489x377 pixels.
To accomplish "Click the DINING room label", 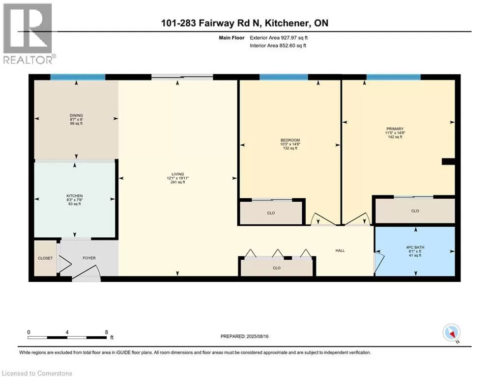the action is [x=76, y=115].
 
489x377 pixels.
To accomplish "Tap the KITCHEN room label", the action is [x=75, y=196].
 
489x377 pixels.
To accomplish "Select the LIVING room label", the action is [x=178, y=174].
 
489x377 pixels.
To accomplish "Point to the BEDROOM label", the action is [x=290, y=140].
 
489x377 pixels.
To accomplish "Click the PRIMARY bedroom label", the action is [x=395, y=129].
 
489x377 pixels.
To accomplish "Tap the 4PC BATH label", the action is [x=415, y=247].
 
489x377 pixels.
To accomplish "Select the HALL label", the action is [x=340, y=250].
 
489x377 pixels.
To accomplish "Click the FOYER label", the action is [x=89, y=258].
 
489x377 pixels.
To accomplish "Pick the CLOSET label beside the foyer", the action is [x=45, y=258].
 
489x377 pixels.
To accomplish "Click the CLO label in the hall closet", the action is [x=277, y=268].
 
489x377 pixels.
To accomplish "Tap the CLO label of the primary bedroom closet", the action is [x=415, y=211].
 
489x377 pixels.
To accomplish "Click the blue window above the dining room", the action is [x=78, y=77].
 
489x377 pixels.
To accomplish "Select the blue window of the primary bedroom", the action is [x=393, y=77].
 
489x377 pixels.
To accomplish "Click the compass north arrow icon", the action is [x=451, y=333].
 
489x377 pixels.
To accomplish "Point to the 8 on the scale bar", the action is [x=106, y=332].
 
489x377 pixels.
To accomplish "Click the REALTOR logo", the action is [x=29, y=34].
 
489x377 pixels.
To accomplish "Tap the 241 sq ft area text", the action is [x=178, y=182].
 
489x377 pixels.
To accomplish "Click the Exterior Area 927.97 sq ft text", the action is [x=279, y=38].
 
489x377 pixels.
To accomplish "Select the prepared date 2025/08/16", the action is [x=258, y=336].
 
